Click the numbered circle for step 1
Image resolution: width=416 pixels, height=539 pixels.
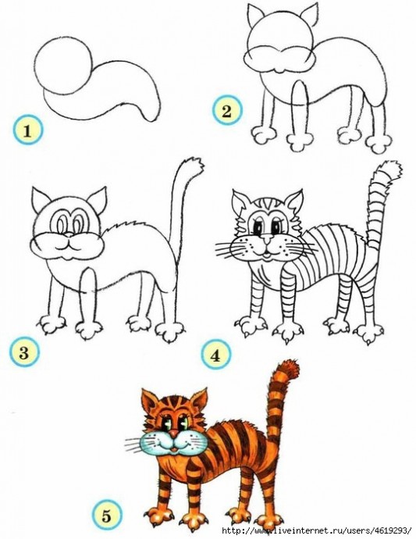click(28, 130)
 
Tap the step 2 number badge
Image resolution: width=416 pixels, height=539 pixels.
click(227, 111)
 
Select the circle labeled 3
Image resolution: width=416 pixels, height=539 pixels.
click(25, 352)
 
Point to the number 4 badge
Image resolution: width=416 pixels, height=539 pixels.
click(215, 355)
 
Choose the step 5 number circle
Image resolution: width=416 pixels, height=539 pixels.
click(107, 516)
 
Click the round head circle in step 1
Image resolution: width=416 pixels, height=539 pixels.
click(63, 66)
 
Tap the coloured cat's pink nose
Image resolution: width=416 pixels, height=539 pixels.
click(175, 433)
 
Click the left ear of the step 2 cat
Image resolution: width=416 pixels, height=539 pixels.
click(255, 16)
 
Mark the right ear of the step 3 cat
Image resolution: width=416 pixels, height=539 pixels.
click(97, 201)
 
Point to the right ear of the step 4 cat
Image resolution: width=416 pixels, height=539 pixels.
click(294, 203)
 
